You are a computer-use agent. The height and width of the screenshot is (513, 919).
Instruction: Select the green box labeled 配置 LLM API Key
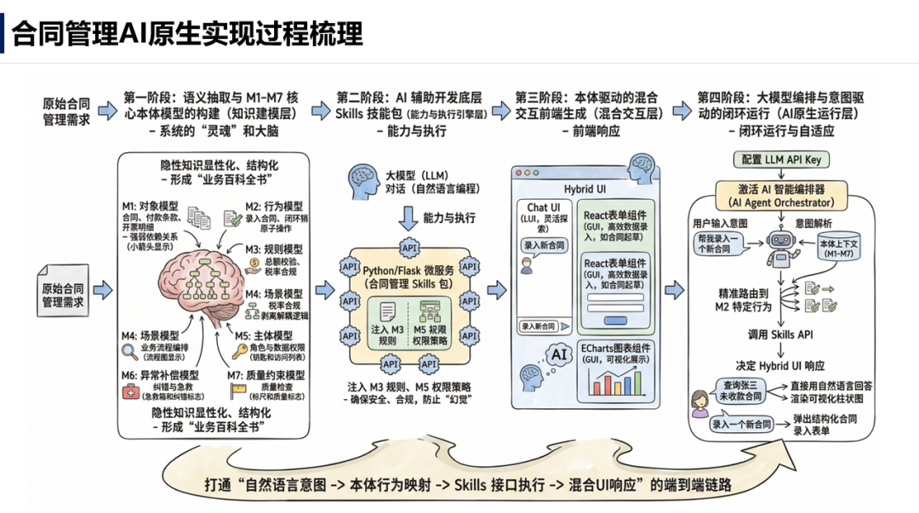click(780, 160)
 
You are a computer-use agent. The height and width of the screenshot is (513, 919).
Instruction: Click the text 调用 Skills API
click(781, 334)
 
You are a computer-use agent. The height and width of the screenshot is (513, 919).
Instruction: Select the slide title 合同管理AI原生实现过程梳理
click(187, 33)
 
